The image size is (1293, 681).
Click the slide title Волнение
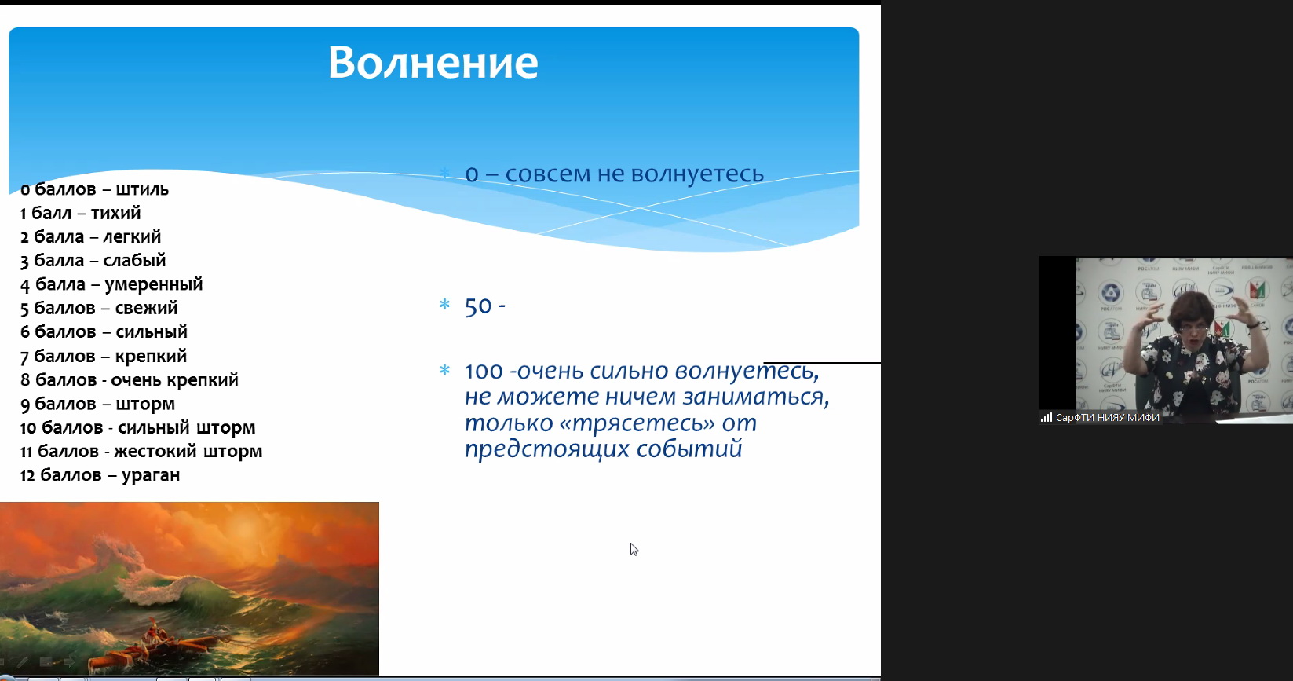(x=433, y=62)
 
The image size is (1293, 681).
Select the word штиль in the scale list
(x=142, y=189)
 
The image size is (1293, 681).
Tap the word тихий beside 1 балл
(x=115, y=213)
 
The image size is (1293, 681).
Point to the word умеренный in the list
(x=154, y=285)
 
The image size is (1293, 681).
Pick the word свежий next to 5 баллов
(x=147, y=308)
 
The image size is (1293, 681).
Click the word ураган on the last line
(x=151, y=475)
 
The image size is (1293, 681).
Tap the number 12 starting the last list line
(x=27, y=475)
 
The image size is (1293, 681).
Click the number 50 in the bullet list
(x=479, y=306)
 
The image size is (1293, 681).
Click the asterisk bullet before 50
(x=444, y=304)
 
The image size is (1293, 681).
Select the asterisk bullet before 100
(x=444, y=370)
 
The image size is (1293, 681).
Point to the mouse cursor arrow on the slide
(x=634, y=549)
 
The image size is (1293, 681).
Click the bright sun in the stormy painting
(x=245, y=529)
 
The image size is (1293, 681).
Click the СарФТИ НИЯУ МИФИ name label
(x=1107, y=418)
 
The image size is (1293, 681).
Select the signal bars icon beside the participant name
(x=1046, y=418)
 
